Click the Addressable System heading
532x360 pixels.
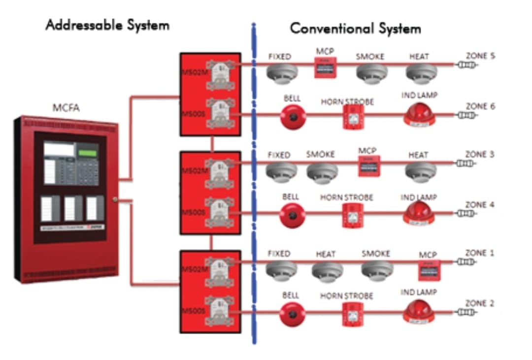pos(107,25)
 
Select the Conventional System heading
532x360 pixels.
pos(355,29)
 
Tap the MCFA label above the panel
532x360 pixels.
pos(66,108)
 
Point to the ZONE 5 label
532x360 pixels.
pos(480,56)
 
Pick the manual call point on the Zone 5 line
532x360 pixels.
pos(325,67)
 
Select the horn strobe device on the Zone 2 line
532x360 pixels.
pos(353,314)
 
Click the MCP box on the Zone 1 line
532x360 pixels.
pos(430,270)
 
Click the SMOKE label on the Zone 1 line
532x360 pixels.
pos(376,254)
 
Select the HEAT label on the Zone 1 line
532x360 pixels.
pos(326,254)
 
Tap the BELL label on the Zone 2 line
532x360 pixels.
pos(290,295)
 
